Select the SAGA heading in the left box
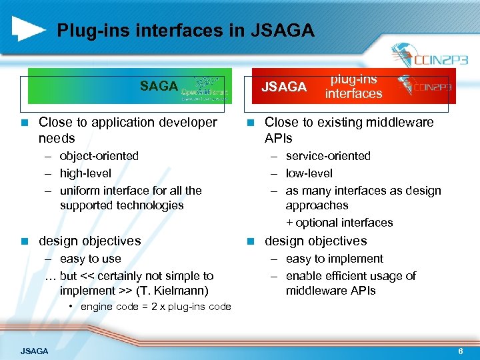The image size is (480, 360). [x=159, y=86]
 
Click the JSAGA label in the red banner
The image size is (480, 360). [x=284, y=87]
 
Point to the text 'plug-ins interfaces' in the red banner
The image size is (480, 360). [x=353, y=87]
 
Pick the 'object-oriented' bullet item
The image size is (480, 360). [x=99, y=156]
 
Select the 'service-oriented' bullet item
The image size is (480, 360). [x=328, y=156]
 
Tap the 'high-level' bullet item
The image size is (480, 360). [x=85, y=173]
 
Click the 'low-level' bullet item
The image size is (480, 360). [x=309, y=173]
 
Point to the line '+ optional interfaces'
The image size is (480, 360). [x=339, y=223]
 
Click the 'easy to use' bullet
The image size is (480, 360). [x=91, y=259]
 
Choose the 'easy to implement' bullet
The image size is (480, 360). [x=335, y=259]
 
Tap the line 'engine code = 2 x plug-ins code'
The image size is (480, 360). [x=155, y=307]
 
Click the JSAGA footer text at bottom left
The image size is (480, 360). [x=34, y=351]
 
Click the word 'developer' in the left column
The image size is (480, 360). [x=185, y=123]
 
